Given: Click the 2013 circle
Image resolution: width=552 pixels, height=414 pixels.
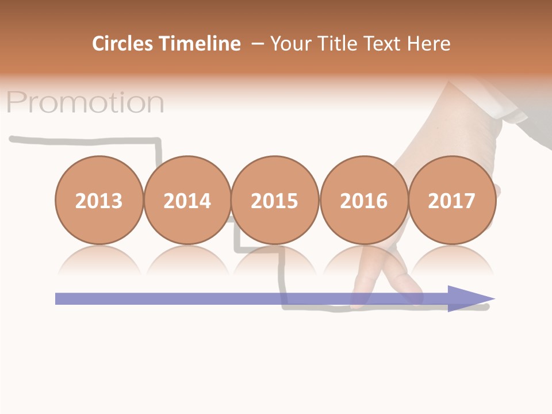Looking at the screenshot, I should pyautogui.click(x=99, y=200).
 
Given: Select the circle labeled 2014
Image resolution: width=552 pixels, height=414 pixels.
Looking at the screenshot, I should pyautogui.click(x=187, y=200).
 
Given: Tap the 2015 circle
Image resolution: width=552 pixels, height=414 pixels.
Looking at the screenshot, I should pyautogui.click(x=275, y=200).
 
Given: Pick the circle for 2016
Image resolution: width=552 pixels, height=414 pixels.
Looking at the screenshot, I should pyautogui.click(x=364, y=200).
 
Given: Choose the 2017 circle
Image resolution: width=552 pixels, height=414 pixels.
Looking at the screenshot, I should pyautogui.click(x=452, y=200).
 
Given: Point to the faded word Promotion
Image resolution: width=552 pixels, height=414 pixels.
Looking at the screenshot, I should pyautogui.click(x=85, y=102).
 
